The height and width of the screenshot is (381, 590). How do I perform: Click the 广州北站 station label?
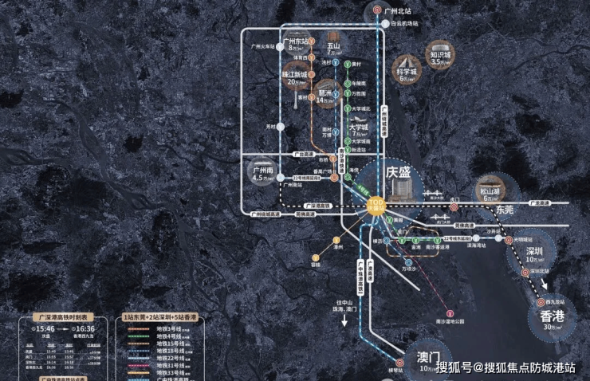coord(396,11)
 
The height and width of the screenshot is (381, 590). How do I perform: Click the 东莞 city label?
coord(505,210)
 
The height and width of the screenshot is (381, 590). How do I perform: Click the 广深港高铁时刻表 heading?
coord(64,316)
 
